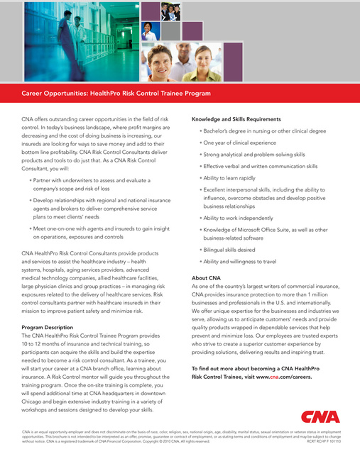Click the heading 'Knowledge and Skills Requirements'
click(x=236, y=119)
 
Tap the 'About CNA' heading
click(x=210, y=277)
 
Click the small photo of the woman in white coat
click(x=150, y=31)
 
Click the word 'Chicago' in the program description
click(x=36, y=401)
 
